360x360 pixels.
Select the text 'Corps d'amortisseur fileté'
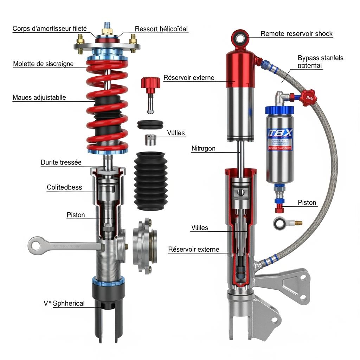tap(50, 29)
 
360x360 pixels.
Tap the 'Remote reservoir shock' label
tap(296, 34)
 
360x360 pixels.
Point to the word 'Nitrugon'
tap(203, 148)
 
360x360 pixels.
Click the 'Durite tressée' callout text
tap(61, 162)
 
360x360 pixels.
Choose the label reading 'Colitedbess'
tap(64, 187)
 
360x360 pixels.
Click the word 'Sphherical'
tap(69, 303)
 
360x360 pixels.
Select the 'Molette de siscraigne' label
tap(43, 64)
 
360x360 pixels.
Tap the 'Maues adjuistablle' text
tap(39, 97)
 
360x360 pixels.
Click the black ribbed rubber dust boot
tap(149, 181)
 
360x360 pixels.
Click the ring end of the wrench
tap(36, 245)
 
